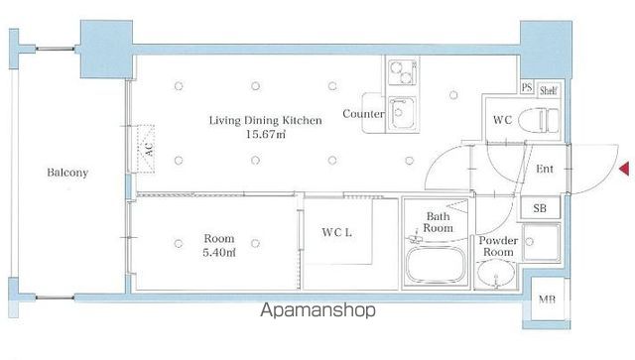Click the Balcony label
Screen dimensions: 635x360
pyautogui.click(x=67, y=173)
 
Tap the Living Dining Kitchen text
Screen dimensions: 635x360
pyautogui.click(x=265, y=120)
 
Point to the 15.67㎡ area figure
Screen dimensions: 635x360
pyautogui.click(x=266, y=134)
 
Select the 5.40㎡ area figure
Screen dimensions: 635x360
pyautogui.click(x=218, y=253)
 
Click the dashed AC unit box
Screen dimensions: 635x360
pyautogui.click(x=146, y=149)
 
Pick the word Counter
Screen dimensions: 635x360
pyautogui.click(x=363, y=114)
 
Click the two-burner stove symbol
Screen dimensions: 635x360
pyautogui.click(x=402, y=72)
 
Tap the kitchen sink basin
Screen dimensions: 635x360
pyautogui.click(x=401, y=114)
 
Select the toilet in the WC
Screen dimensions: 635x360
pyautogui.click(x=539, y=120)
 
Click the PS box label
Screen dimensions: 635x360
pyautogui.click(x=527, y=87)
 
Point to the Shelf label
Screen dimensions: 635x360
pyautogui.click(x=548, y=90)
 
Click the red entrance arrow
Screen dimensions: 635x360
pyautogui.click(x=624, y=168)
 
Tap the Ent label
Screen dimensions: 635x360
pyautogui.click(x=545, y=169)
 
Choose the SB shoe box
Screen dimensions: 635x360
pyautogui.click(x=540, y=208)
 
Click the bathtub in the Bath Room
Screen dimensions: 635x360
pyautogui.click(x=436, y=266)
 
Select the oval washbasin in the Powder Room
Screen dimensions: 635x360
pyautogui.click(x=496, y=274)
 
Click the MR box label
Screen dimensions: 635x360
pyautogui.click(x=547, y=300)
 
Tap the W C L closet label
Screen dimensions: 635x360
pyautogui.click(x=337, y=232)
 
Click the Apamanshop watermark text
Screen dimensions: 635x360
pyautogui.click(x=317, y=310)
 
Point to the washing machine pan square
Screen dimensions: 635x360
pyautogui.click(x=541, y=243)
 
